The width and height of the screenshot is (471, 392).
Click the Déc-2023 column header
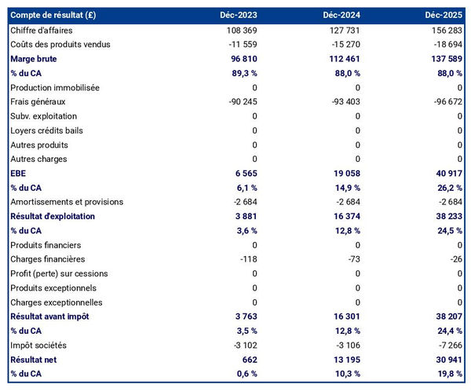(x=239, y=15)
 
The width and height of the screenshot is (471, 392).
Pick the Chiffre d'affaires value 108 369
(x=239, y=30)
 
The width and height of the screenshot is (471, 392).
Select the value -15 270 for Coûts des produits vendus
(x=344, y=44)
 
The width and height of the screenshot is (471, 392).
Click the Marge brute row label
(x=34, y=59)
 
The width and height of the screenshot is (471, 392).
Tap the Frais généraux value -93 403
(x=344, y=102)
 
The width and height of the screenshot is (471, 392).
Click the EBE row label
(x=18, y=174)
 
